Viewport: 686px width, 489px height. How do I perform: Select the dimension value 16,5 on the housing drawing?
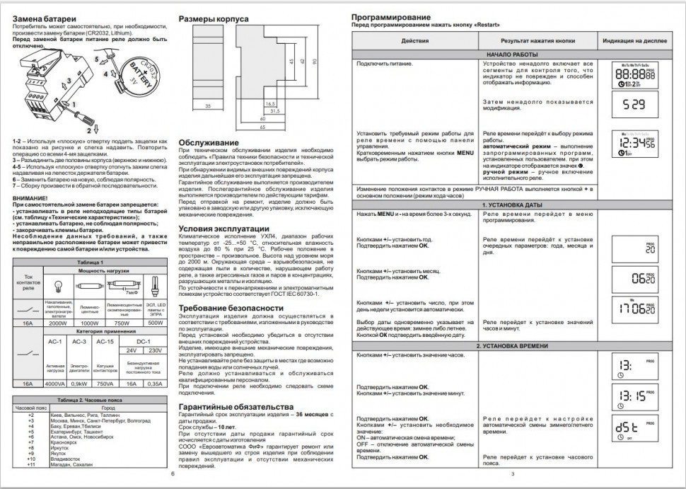coord(269,103)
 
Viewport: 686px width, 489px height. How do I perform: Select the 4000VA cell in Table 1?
coord(56,384)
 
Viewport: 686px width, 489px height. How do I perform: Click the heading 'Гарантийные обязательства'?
coord(236,407)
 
